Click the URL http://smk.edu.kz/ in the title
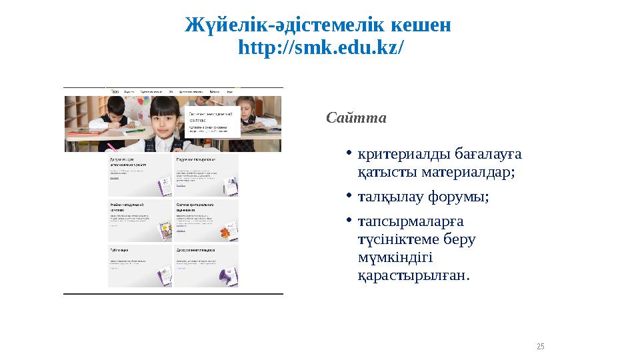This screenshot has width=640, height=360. pos(320,49)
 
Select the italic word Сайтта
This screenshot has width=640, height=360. pos(356,118)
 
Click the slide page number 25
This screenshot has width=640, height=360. pos(541,346)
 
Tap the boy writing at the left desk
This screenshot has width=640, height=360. pos(110,113)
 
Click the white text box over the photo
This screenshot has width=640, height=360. pos(212,120)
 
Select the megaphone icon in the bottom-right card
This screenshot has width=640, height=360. pos(226,275)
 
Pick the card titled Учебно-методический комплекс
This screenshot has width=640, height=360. pos(139,221)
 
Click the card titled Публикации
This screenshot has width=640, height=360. pos(139,265)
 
